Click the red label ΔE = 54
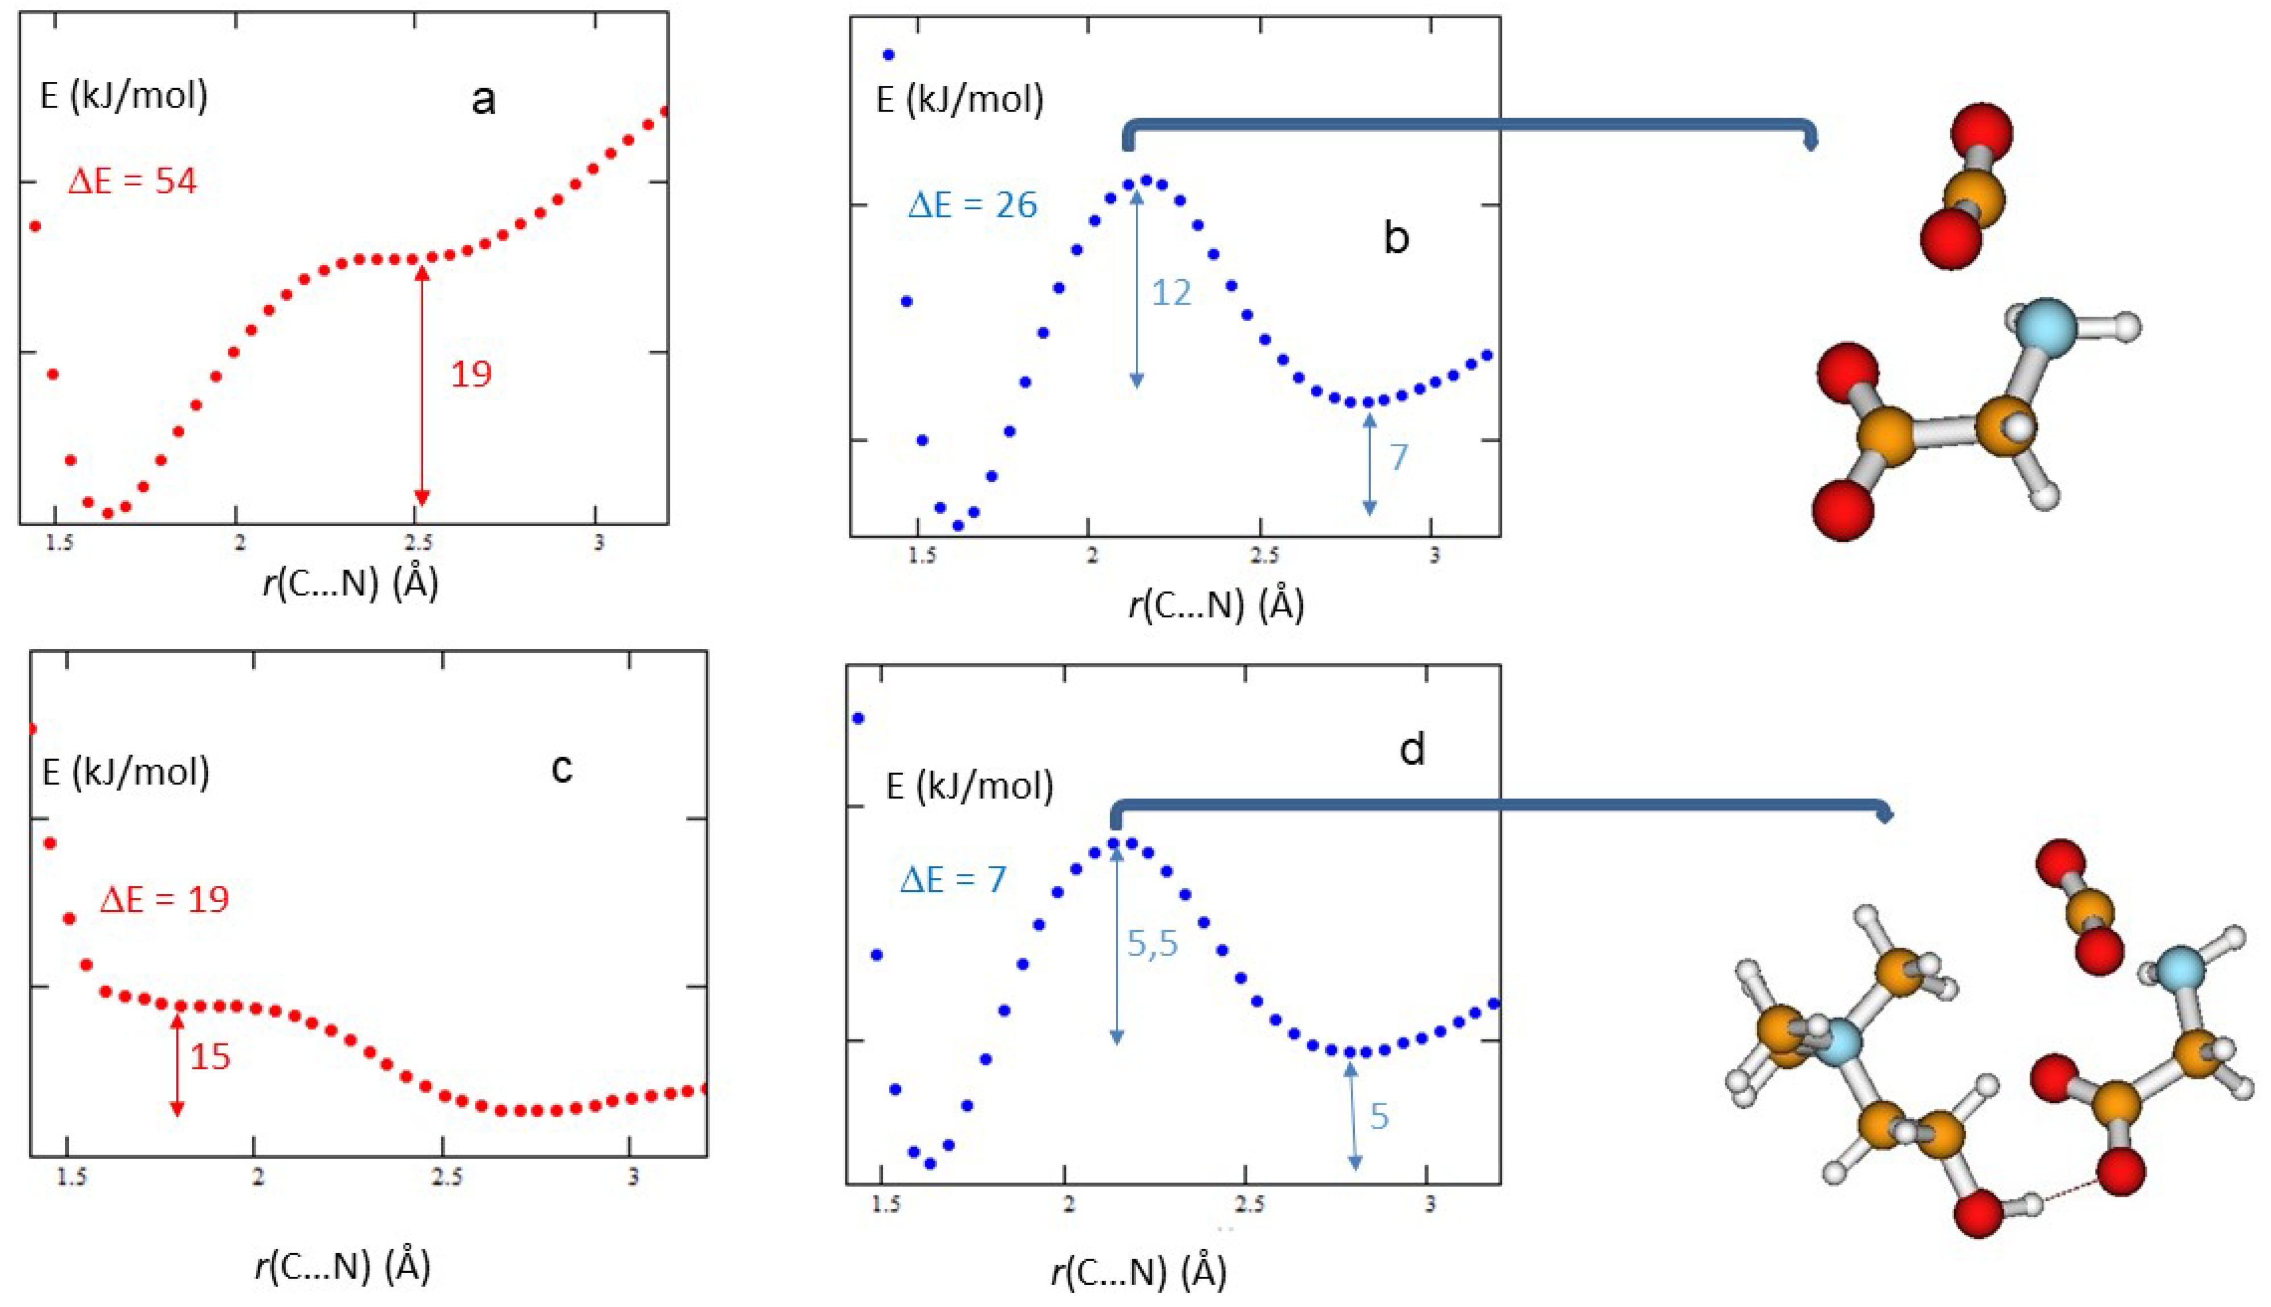tap(132, 181)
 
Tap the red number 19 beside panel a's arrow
tap(470, 374)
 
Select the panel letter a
tap(483, 101)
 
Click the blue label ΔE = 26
tap(973, 206)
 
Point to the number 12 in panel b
tap(1171, 293)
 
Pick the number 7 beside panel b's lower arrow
tap(1398, 458)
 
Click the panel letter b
tap(1396, 237)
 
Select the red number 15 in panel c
tap(210, 1056)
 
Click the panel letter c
tap(561, 769)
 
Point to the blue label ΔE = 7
tap(953, 879)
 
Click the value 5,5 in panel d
tap(1152, 944)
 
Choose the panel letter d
tap(1413, 749)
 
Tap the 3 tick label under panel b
tap(1434, 555)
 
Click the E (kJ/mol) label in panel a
tap(124, 95)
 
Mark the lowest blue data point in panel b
tap(958, 526)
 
